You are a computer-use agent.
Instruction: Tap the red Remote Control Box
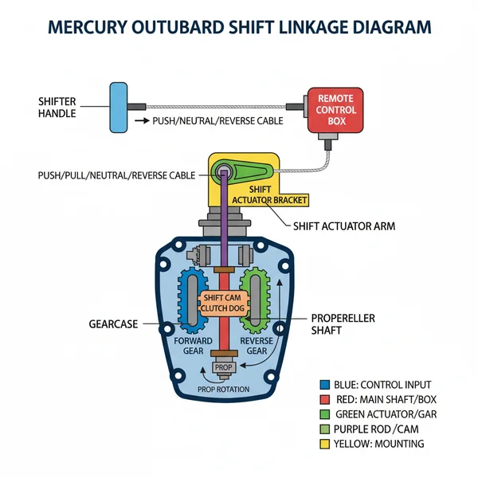335,109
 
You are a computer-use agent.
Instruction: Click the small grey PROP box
222,368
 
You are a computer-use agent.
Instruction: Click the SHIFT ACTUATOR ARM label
344,226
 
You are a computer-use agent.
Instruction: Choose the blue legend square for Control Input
323,384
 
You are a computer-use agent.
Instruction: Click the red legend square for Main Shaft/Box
323,399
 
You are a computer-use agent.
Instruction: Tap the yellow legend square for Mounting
323,444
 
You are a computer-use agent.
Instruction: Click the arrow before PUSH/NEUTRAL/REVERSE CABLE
142,121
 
